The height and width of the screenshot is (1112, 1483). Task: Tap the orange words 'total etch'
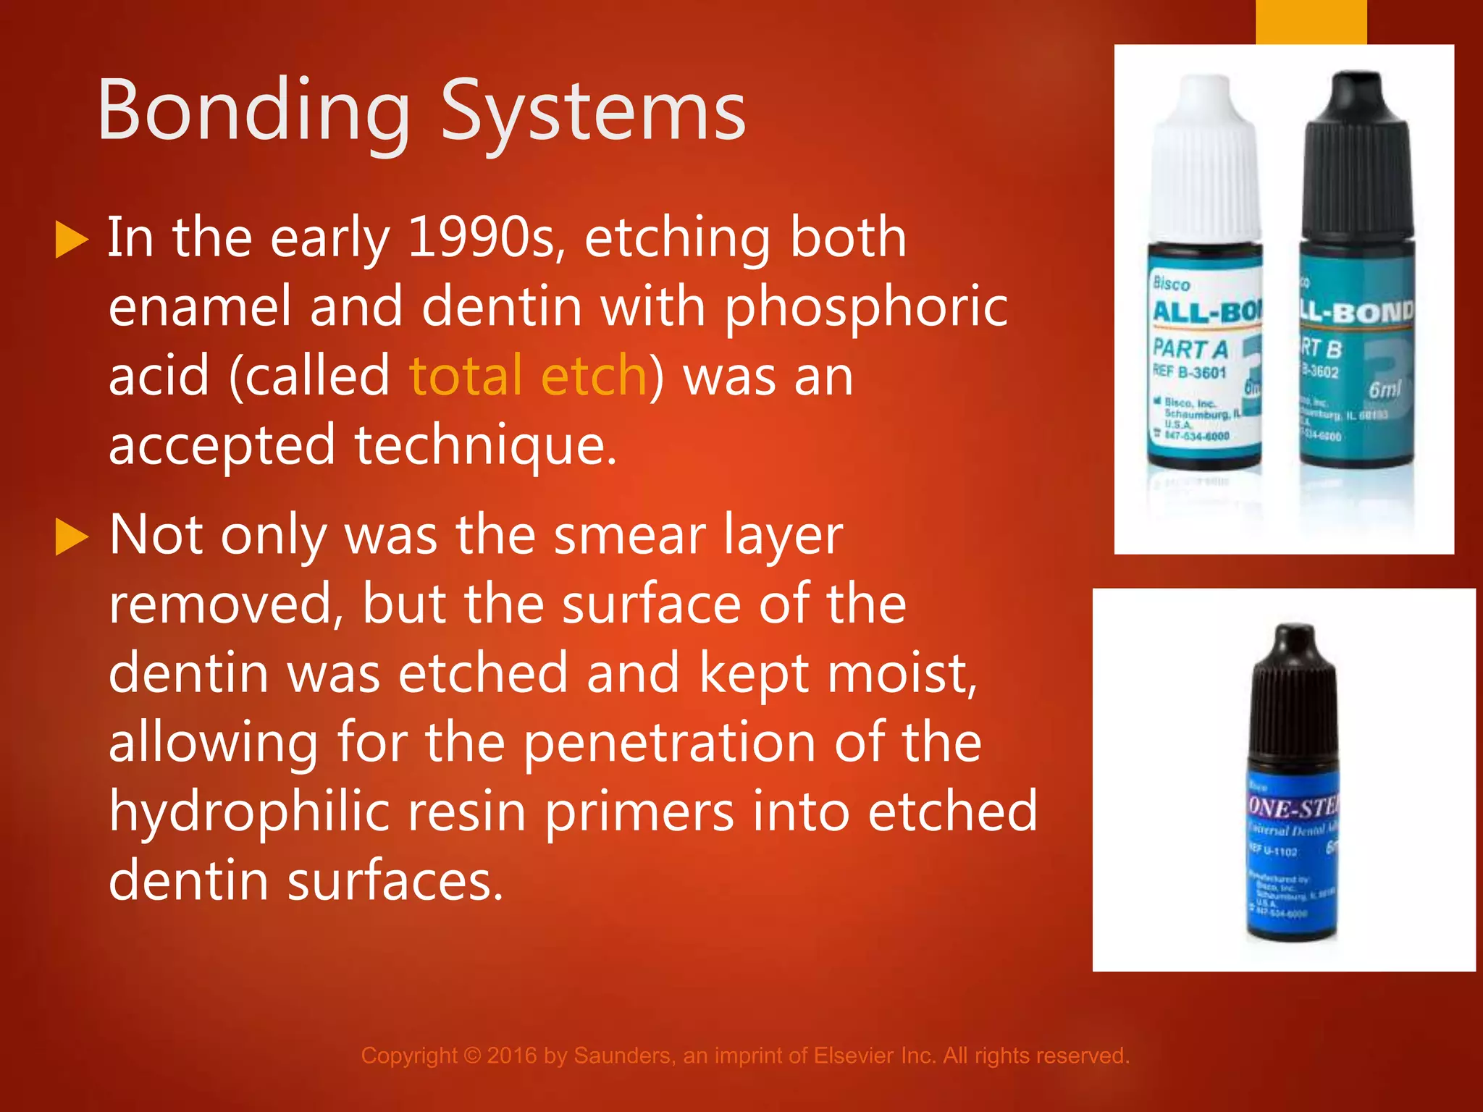528,376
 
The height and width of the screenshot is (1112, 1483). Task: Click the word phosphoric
866,307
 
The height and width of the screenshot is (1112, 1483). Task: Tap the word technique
484,445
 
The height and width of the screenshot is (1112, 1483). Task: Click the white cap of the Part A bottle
1204,159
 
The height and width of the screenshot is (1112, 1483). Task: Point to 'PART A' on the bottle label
1190,349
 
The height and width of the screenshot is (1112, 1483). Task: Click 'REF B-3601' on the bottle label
1189,372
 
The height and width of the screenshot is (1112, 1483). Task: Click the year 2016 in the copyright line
511,1056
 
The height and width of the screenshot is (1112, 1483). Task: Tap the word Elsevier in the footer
854,1056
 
